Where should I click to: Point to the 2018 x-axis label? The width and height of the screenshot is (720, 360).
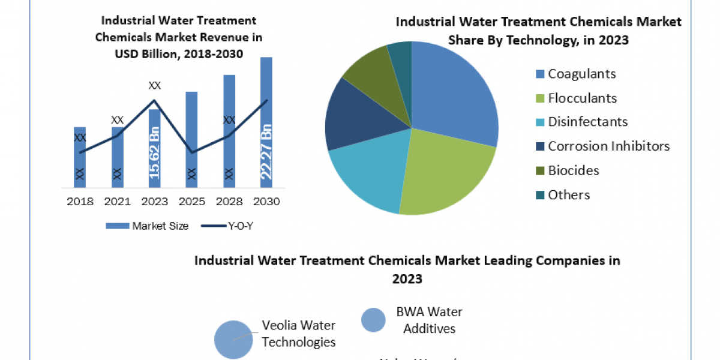point(80,202)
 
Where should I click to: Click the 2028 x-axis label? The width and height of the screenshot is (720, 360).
point(229,202)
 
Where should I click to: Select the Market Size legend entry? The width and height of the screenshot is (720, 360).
point(147,226)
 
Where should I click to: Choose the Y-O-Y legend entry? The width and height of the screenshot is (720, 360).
point(231,226)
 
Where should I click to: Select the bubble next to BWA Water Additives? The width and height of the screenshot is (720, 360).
point(373,320)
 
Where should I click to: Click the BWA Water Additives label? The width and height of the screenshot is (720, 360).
point(429,320)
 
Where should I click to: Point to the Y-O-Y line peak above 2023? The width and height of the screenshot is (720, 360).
point(154,100)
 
